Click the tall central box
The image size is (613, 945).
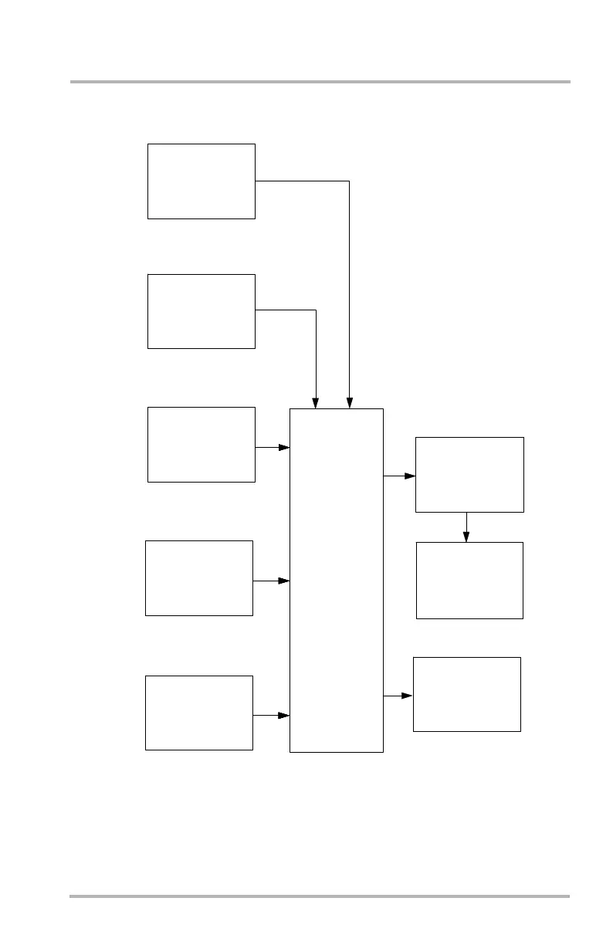pyautogui.click(x=336, y=579)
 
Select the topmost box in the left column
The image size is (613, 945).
pyautogui.click(x=201, y=181)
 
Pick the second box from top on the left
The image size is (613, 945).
pyautogui.click(x=201, y=310)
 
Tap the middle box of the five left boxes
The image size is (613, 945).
pyautogui.click(x=201, y=444)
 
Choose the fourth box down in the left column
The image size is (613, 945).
pyautogui.click(x=199, y=577)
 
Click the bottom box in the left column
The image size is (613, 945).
pyautogui.click(x=199, y=712)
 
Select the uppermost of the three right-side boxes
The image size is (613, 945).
pyautogui.click(x=469, y=474)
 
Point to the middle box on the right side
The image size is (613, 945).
pyautogui.click(x=469, y=580)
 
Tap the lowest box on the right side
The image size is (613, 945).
pyautogui.click(x=467, y=693)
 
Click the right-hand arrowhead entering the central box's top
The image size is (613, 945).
pyautogui.click(x=350, y=402)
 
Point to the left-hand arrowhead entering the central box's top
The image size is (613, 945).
pyautogui.click(x=316, y=402)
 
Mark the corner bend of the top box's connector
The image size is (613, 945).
pyautogui.click(x=349, y=181)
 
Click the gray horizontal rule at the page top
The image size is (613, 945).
pyautogui.click(x=320, y=81)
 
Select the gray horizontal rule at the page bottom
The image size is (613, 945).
pyautogui.click(x=320, y=896)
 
